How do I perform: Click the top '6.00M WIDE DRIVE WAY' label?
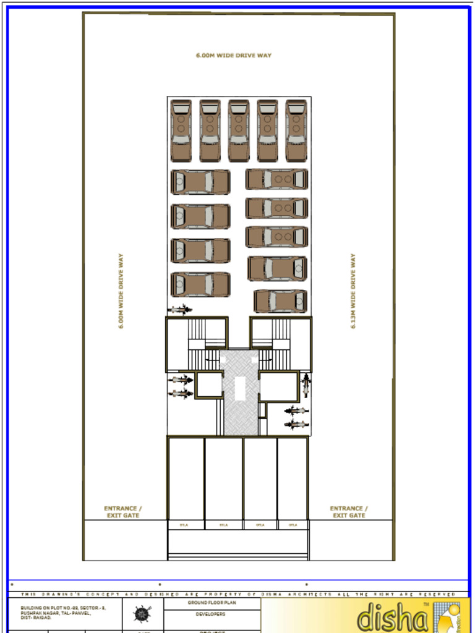(234, 56)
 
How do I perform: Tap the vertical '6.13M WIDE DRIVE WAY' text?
(353, 291)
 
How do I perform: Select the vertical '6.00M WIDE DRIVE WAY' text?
(121, 291)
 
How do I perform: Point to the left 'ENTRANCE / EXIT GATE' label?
(122, 512)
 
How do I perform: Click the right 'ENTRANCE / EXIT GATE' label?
(349, 512)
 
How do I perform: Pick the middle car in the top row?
(238, 130)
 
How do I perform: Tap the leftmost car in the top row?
(181, 130)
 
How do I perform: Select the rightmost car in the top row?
(296, 130)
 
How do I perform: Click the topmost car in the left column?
(200, 182)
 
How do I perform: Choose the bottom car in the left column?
(200, 284)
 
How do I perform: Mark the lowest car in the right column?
(281, 301)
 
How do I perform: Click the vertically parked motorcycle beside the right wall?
(305, 384)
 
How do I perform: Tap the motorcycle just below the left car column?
(180, 310)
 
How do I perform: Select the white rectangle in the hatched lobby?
(239, 389)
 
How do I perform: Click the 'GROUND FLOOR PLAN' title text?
(212, 602)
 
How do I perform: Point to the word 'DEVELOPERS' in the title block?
(212, 614)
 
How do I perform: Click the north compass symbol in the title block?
(143, 614)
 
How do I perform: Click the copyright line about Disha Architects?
(238, 594)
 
